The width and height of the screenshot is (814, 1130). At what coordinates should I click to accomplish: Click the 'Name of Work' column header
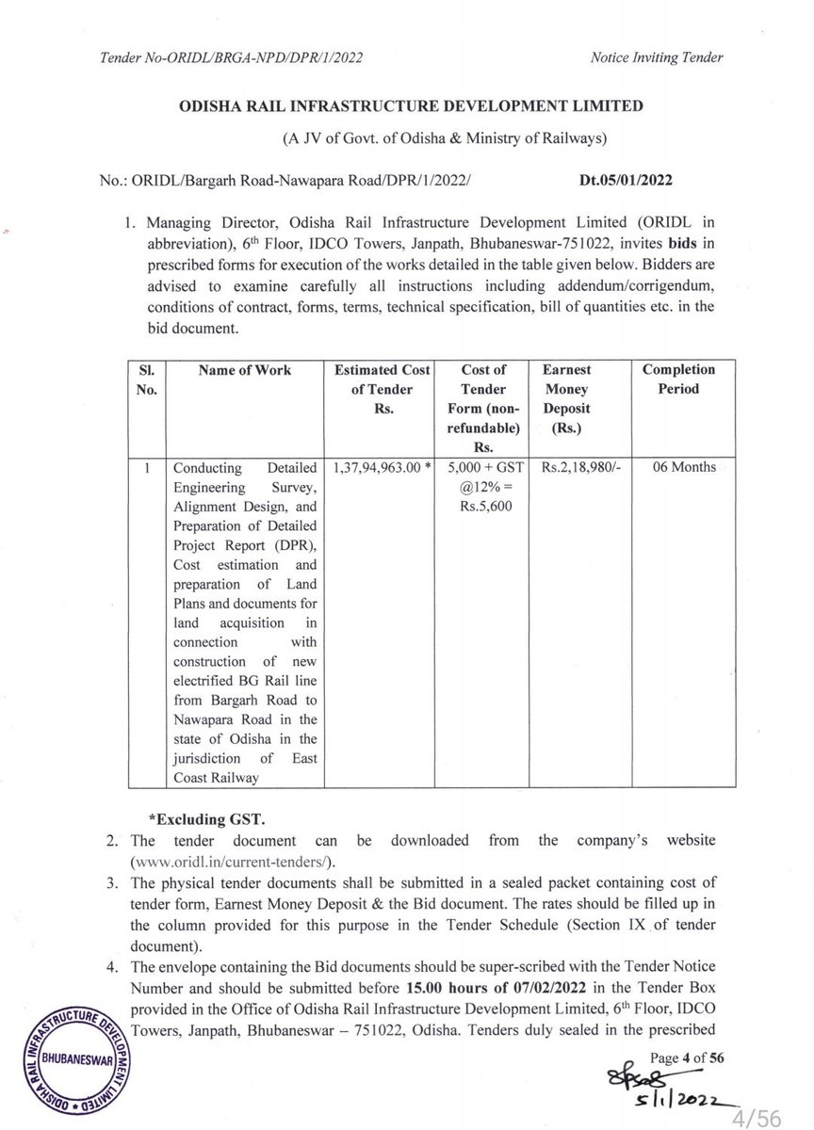click(244, 370)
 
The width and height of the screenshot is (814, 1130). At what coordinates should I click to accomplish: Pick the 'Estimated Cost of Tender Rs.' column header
click(377, 388)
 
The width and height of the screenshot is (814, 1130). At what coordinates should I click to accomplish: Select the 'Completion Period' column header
click(678, 379)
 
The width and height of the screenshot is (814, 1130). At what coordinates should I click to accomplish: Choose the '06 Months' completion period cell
click(678, 466)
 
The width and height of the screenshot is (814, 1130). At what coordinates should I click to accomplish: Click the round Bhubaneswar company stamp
click(82, 1058)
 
